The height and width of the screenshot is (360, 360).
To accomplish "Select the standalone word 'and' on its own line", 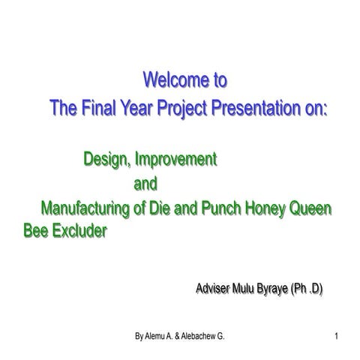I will click(x=146, y=183).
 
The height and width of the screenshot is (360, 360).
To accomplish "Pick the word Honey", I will click(x=262, y=208).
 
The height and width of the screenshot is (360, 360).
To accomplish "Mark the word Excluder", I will click(x=82, y=231).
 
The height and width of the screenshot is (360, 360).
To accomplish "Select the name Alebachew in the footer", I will click(x=200, y=337).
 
